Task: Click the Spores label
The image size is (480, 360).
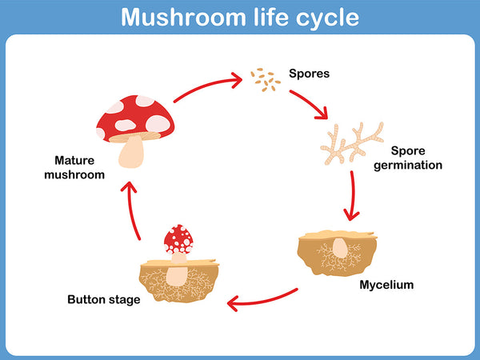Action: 310,74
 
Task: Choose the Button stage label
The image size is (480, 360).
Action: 104,300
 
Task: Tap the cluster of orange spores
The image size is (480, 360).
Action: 264,78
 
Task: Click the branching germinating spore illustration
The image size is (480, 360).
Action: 351,142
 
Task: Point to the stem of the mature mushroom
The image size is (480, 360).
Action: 133,152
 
